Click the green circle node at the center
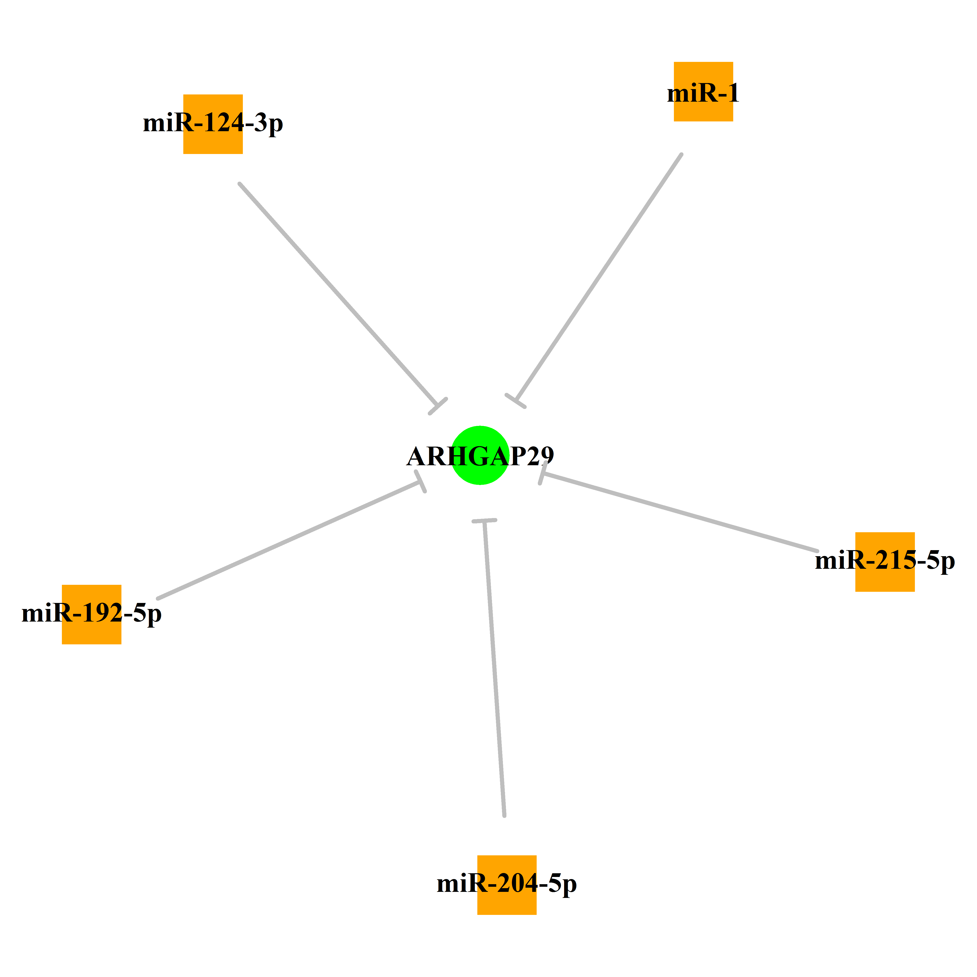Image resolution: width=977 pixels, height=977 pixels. (x=480, y=455)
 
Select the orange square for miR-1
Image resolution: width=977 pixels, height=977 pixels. (x=703, y=91)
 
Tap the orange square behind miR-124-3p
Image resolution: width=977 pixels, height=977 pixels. (x=213, y=124)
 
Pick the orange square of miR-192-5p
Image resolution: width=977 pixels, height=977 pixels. (x=91, y=614)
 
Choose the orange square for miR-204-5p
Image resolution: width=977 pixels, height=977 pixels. (x=507, y=885)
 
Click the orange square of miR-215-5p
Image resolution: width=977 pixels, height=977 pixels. (x=885, y=562)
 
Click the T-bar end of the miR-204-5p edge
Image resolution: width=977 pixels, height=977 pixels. (x=485, y=520)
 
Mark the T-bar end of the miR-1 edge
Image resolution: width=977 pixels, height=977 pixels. (x=515, y=401)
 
